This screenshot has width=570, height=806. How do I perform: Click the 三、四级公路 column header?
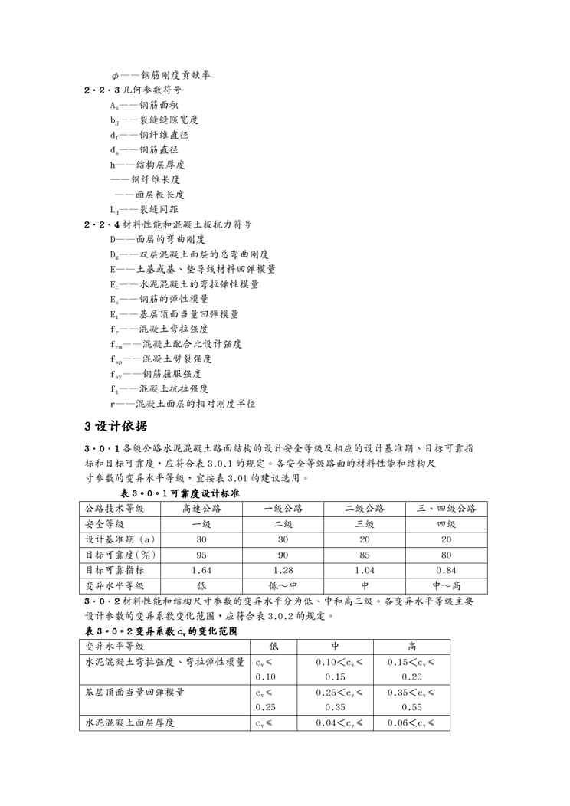pos(446,509)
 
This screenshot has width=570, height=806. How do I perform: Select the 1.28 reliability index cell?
pos(283,570)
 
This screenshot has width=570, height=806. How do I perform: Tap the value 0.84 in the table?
pos(446,570)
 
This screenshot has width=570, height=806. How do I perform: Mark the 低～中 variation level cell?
pos(283,585)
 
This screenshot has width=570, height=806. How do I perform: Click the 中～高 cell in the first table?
pos(446,585)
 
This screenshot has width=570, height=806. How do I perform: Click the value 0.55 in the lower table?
pos(412,707)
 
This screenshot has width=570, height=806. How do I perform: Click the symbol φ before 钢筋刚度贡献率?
pos(114,75)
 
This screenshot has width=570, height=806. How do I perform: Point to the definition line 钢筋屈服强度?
pos(156,374)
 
